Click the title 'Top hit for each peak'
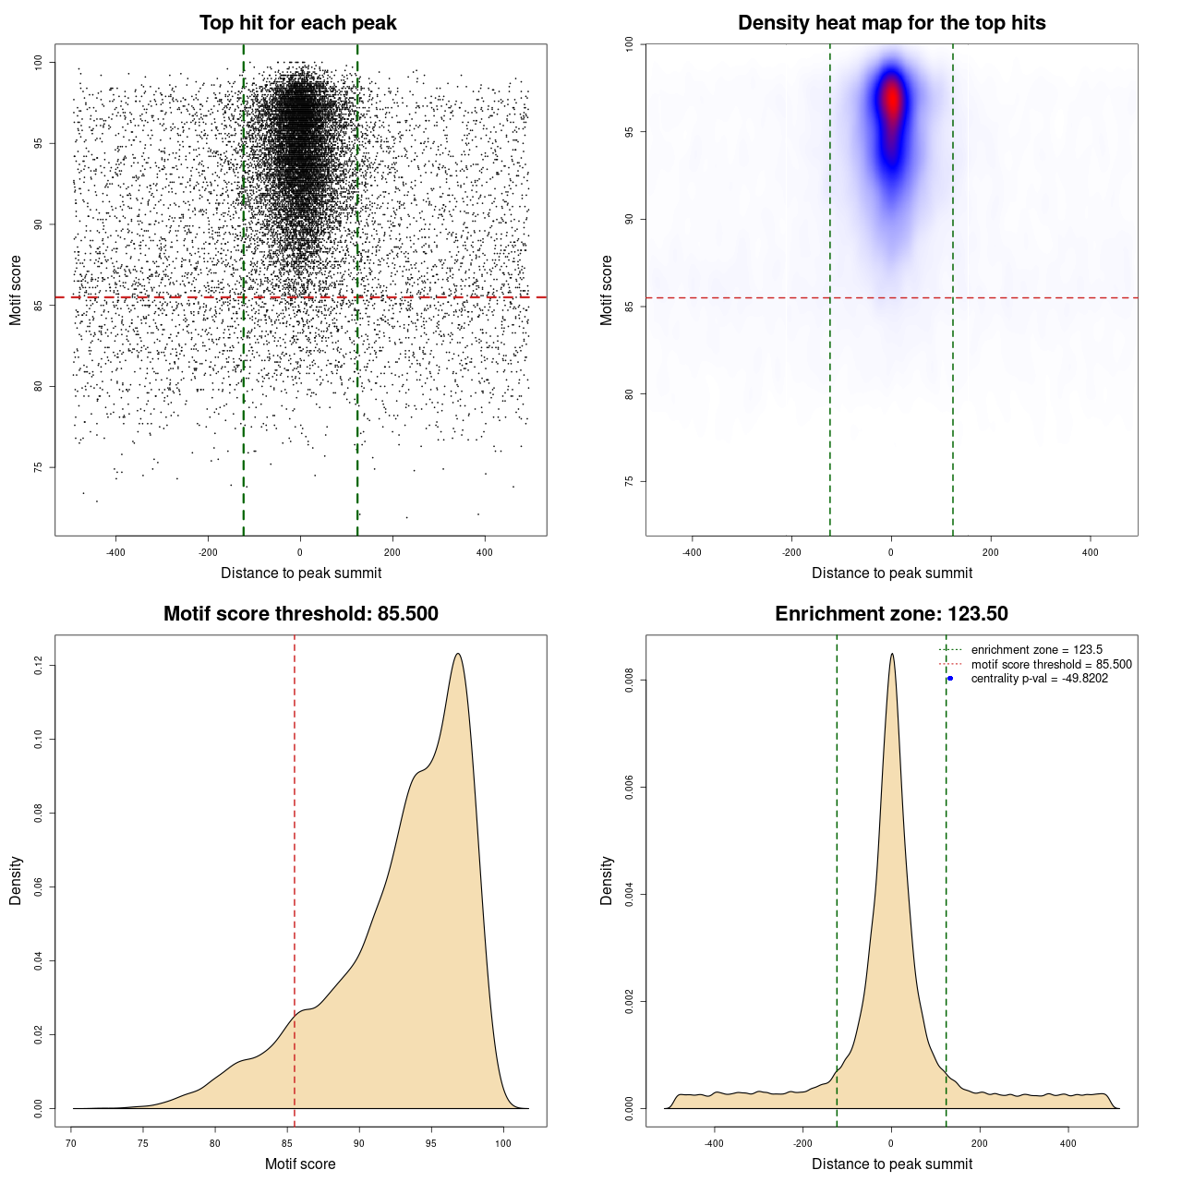tap(297, 23)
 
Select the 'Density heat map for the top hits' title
tap(891, 23)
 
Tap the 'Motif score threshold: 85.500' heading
tap(300, 614)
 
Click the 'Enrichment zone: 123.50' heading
tap(891, 614)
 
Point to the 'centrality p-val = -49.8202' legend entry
tap(1039, 679)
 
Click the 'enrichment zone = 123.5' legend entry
tap(1036, 650)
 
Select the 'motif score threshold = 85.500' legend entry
tap(1051, 665)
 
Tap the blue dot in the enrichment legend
tap(950, 679)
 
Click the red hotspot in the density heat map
tap(891, 100)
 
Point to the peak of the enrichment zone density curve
tap(891, 655)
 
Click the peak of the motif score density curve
tap(457, 655)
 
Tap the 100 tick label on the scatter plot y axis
tap(39, 62)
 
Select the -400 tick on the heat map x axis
tap(692, 552)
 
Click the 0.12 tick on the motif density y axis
tap(39, 665)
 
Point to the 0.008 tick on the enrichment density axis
tap(630, 681)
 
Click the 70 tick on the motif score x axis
tap(72, 1143)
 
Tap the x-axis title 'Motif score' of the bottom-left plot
tap(300, 1164)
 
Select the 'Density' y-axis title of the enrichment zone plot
tap(607, 880)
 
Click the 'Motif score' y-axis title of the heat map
tap(607, 290)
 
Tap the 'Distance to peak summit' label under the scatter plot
tap(301, 573)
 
